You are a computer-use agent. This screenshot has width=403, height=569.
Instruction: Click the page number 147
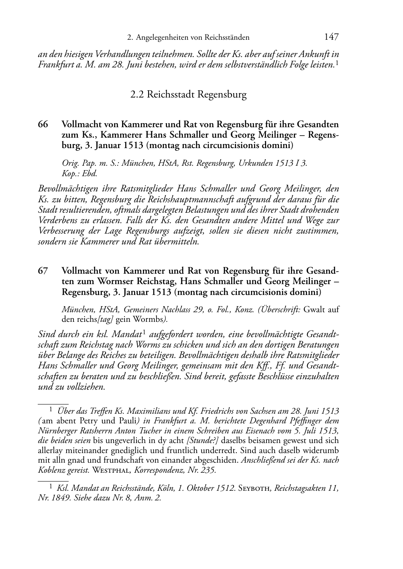pyautogui.click(x=331, y=37)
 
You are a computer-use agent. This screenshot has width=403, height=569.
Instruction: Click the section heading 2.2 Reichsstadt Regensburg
pyautogui.click(x=188, y=95)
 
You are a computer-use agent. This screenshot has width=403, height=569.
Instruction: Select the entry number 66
pyautogui.click(x=43, y=124)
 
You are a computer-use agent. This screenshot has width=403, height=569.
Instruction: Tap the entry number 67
pyautogui.click(x=43, y=270)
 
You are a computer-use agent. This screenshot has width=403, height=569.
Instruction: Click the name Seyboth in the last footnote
pyautogui.click(x=255, y=489)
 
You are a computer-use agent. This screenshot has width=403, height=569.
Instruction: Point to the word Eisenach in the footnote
pyautogui.click(x=275, y=431)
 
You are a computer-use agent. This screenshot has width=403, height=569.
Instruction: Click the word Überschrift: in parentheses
pyautogui.click(x=279, y=309)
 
